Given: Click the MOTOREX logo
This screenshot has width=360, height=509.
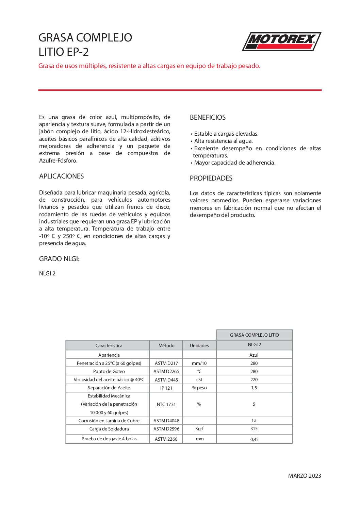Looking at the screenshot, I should click(x=281, y=41).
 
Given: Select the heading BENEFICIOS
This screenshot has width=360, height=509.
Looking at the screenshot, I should click(x=208, y=117).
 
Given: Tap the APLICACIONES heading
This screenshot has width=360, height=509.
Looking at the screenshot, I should click(x=61, y=176).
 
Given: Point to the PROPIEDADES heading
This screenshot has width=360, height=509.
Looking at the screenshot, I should click(x=211, y=178).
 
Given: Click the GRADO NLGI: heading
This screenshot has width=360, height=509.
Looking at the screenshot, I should click(x=59, y=259).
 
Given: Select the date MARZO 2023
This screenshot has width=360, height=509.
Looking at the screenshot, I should click(x=305, y=476).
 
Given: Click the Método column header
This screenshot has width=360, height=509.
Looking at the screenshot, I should click(x=166, y=345).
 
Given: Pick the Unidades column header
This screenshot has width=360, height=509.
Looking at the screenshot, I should click(x=199, y=345).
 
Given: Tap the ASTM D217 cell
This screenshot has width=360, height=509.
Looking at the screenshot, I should click(x=166, y=363).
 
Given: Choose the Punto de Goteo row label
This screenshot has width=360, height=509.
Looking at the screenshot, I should click(x=109, y=371).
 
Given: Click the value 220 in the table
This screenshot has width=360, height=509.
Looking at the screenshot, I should click(x=254, y=379).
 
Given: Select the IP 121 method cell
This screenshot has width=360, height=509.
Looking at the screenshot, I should click(x=166, y=388).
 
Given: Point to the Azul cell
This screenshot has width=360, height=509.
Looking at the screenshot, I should click(x=254, y=355).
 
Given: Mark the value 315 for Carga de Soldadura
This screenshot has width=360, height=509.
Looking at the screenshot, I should click(x=254, y=429).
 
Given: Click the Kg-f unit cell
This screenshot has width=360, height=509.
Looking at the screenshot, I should click(x=199, y=429).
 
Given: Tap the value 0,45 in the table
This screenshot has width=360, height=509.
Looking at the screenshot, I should click(x=254, y=439).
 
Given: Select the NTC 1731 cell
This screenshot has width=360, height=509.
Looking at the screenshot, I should click(x=166, y=404).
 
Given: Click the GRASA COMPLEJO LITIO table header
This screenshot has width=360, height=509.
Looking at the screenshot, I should click(x=254, y=335).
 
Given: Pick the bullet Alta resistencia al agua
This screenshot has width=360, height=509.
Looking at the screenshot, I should click(x=223, y=141).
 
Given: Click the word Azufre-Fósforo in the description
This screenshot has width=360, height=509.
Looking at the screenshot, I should click(x=58, y=160).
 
